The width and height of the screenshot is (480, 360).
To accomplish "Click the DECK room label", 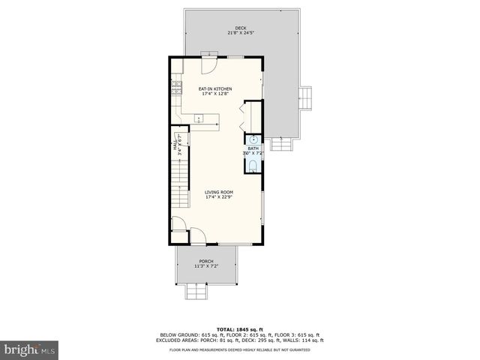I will pyautogui.click(x=240, y=28).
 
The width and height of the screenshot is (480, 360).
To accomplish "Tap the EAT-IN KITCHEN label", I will pyautogui.click(x=214, y=88).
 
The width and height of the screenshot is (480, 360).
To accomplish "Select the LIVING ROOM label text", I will pyautogui.click(x=219, y=192).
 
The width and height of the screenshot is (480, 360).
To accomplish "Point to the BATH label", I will pyautogui.click(x=253, y=148).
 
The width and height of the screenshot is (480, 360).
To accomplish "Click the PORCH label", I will pyautogui.click(x=206, y=262).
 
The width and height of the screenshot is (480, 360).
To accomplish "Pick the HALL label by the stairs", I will pyautogui.click(x=175, y=144).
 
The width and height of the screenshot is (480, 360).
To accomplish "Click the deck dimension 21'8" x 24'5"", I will pyautogui.click(x=240, y=33).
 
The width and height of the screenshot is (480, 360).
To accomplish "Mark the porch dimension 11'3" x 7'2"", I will pyautogui.click(x=206, y=267).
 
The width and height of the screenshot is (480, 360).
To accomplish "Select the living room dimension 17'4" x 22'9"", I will pyautogui.click(x=219, y=197).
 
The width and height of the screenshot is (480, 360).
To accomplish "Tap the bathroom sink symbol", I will pyautogui.click(x=253, y=139).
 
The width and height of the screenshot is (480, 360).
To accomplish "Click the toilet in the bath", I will pyautogui.click(x=253, y=165).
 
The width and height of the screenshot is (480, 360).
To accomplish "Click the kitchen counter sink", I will pyautogui.click(x=198, y=118).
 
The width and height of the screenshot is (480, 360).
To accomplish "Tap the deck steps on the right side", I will pyautogui.click(x=305, y=97).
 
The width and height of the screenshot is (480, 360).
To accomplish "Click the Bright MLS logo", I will pyautogui.click(x=30, y=349).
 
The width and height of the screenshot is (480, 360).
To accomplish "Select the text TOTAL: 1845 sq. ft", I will pyautogui.click(x=239, y=329).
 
